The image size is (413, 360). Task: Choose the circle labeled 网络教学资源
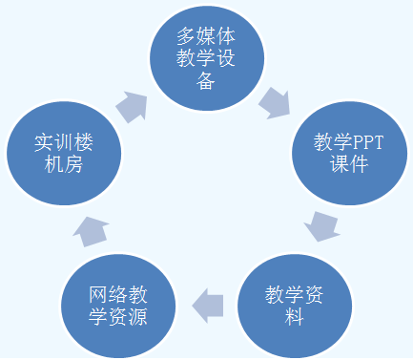117,304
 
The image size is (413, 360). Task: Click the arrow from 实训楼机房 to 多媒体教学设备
133,105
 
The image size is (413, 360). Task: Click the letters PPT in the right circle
362,142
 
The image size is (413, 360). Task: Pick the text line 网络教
117,293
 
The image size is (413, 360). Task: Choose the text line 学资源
117,316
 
